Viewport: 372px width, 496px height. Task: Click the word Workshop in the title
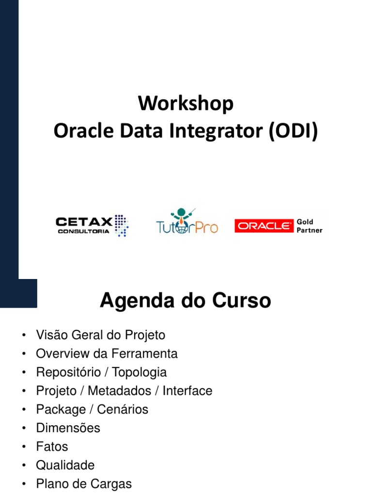(x=186, y=104)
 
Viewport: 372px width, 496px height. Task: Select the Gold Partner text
(x=309, y=226)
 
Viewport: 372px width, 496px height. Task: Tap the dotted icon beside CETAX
(x=121, y=225)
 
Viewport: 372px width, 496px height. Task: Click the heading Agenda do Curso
(x=186, y=301)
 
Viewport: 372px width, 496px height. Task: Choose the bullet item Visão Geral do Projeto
(x=100, y=335)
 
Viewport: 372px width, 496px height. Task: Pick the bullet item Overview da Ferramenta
(x=107, y=354)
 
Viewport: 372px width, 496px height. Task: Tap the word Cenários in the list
(x=123, y=409)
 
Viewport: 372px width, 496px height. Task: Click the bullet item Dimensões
(x=68, y=428)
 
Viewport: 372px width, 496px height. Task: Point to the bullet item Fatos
(x=52, y=447)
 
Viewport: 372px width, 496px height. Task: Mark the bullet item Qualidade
(x=65, y=465)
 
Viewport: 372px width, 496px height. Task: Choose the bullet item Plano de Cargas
(x=83, y=484)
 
